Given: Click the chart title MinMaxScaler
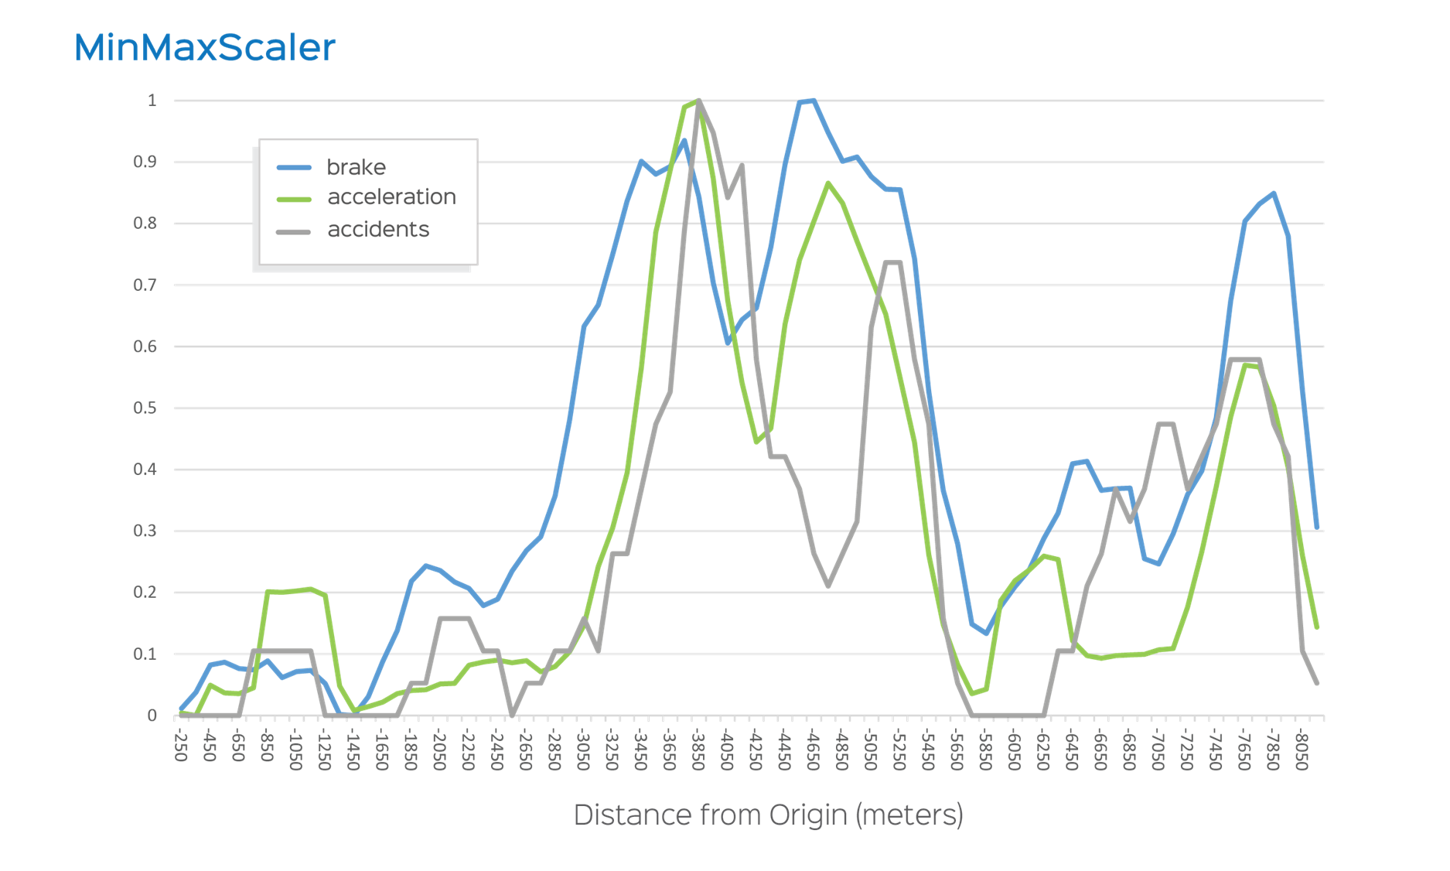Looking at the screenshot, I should point(205,48).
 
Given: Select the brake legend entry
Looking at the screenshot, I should point(356,167).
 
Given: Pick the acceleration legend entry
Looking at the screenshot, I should point(391,197).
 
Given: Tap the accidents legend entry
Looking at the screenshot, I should point(378,230).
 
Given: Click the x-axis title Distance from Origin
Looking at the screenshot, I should point(768,815).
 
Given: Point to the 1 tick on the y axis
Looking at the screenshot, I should point(152,101).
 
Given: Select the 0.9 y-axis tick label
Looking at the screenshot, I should point(145,162).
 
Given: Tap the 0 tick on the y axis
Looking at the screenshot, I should point(152,716).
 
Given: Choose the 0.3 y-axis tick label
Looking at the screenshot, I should point(145,531).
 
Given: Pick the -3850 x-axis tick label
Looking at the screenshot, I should point(698,749).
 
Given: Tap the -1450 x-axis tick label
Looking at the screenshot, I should point(353,749).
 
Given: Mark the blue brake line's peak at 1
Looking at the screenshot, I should point(813,100).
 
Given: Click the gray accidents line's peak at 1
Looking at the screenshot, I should point(699,101).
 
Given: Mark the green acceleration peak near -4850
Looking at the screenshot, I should point(828,183).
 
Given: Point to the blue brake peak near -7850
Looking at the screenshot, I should point(1274,193).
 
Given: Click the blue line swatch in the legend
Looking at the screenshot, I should point(294,168).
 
